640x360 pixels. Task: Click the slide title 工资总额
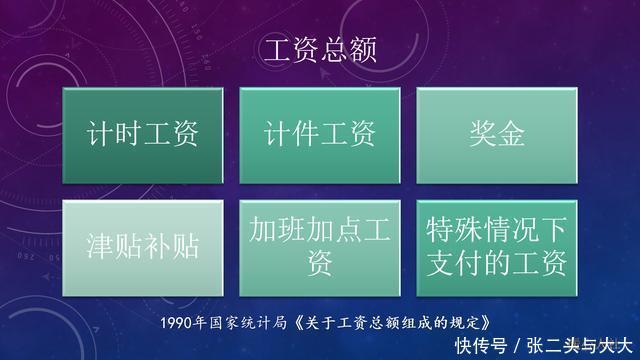pos(319,51)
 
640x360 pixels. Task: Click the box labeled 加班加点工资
pos(320,246)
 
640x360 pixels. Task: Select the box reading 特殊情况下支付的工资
pos(496,246)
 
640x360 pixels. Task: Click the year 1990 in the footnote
pos(177,323)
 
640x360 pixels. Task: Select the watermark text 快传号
pos(482,346)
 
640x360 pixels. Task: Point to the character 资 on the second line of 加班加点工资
pos(320,263)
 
